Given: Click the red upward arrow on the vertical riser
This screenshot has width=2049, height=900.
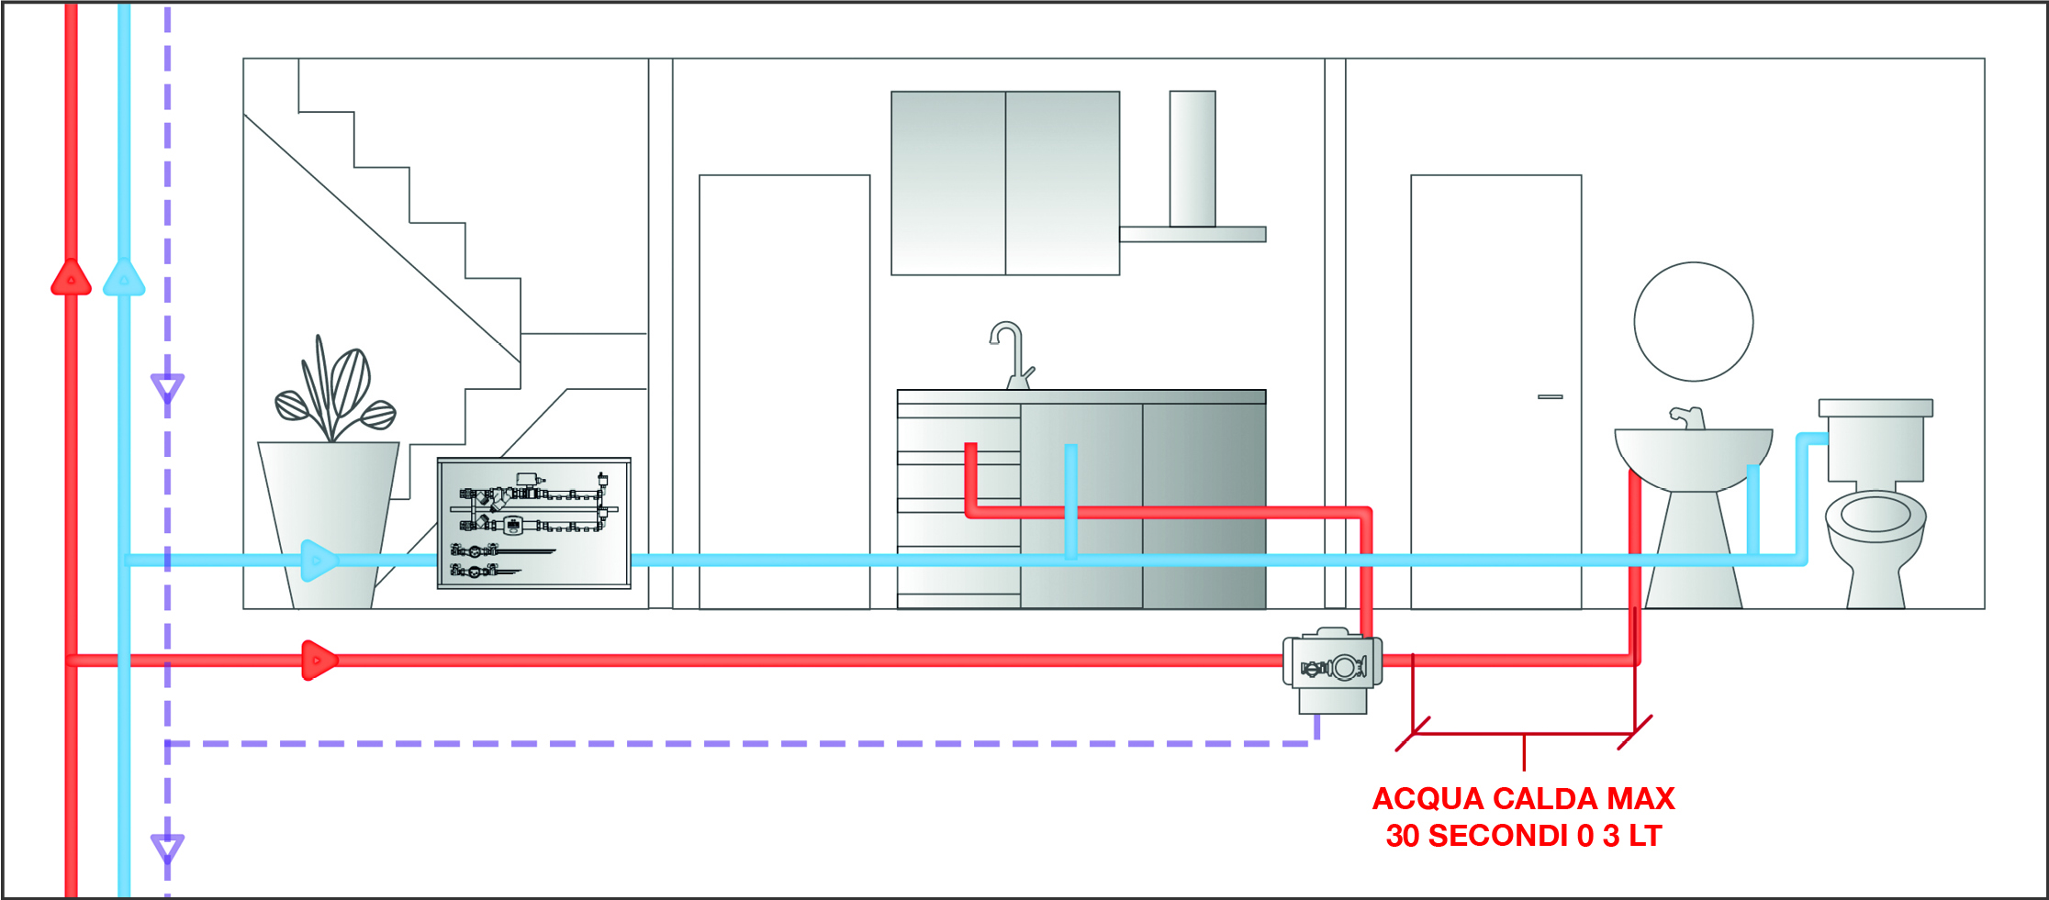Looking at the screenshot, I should tap(71, 277).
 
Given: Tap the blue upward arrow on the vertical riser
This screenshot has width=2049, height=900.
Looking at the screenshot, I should tap(124, 277).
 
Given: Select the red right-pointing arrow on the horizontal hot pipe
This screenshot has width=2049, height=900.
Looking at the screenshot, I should tap(319, 660).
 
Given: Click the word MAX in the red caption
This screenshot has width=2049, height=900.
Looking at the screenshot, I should tap(1640, 799).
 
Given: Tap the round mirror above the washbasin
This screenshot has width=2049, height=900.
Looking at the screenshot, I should tap(1693, 322).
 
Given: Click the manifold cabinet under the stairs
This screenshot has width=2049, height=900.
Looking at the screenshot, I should tap(533, 523).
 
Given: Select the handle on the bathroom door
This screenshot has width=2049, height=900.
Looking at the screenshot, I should tap(1550, 397).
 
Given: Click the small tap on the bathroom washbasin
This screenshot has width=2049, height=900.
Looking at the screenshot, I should tap(1686, 417).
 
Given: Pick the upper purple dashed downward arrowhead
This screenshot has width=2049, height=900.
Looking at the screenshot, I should tap(167, 388).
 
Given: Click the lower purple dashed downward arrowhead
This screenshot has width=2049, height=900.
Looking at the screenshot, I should tap(167, 849).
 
